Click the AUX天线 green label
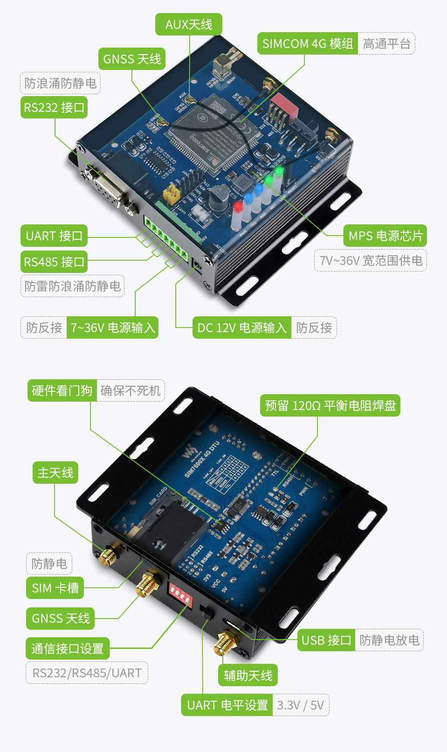coord(188,24)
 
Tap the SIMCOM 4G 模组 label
coord(308,43)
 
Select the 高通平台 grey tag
coord(386,44)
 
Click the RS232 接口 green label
coord(54,107)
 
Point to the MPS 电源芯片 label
coord(385,236)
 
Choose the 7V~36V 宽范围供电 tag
coord(371,260)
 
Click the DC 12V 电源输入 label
coord(241,328)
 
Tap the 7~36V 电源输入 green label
coord(112,328)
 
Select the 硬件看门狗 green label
coord(62,390)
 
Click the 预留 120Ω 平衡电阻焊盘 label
coord(330,405)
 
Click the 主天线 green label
coord(55,473)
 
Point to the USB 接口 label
coord(326,640)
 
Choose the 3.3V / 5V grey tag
coord(300,705)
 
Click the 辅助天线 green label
coord(248,675)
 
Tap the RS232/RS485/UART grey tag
coord(87,673)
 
